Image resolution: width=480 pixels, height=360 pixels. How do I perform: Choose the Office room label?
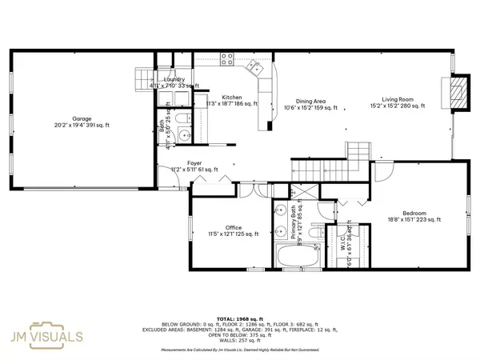coord(233,227)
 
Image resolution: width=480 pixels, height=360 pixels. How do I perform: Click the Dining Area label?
coord(310,101)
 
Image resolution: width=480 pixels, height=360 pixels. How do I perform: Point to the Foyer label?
coord(184,163)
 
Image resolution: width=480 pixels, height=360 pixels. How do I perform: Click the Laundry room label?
coord(174,79)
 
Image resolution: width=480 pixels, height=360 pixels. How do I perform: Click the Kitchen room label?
coord(222,97)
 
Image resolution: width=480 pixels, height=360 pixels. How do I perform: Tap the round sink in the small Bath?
coord(183,118)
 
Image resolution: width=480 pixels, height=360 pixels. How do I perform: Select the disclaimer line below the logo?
coord(240,350)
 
